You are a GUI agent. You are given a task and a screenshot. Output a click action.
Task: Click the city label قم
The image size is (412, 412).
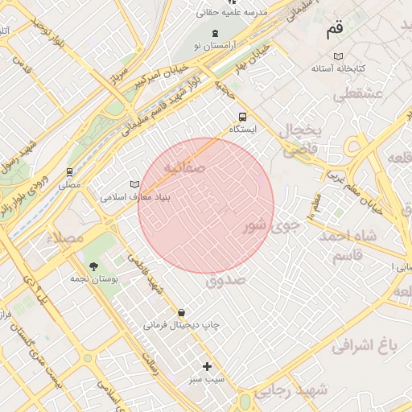click(x=334, y=31)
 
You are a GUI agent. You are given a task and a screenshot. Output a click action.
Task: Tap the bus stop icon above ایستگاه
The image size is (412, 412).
click(x=242, y=115)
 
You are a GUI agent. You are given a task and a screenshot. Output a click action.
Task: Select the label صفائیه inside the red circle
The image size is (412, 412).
click(x=184, y=167)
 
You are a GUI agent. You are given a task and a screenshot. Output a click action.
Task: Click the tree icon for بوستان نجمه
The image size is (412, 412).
click(x=94, y=266)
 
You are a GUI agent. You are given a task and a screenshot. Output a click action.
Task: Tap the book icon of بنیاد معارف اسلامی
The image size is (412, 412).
click(x=134, y=184)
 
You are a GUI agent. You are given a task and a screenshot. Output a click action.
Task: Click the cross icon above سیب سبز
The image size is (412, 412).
click(x=207, y=366)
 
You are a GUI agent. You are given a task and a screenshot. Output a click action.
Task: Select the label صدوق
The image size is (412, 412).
click(x=224, y=280)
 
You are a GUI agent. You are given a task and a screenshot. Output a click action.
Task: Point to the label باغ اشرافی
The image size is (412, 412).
click(x=365, y=346)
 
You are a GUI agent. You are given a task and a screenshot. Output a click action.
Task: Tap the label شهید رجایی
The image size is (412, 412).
click(x=290, y=391)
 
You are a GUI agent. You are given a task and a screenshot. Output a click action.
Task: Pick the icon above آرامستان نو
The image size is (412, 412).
click(x=215, y=33)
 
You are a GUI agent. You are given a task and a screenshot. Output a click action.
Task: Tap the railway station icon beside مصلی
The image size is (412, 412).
click(x=70, y=171)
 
